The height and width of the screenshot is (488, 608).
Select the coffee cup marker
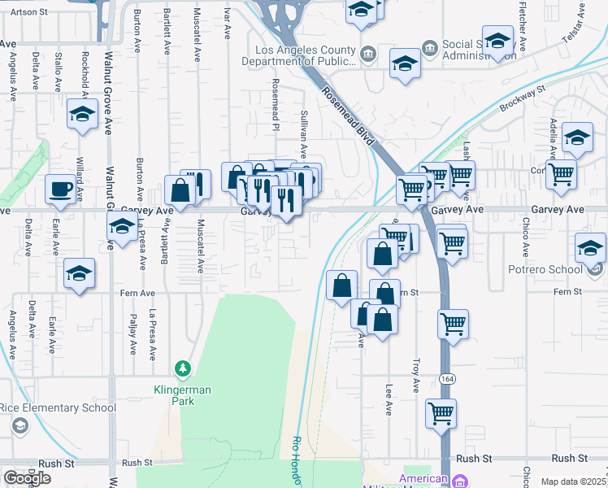click(x=59, y=189)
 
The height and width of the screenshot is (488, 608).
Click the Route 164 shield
click(x=445, y=380)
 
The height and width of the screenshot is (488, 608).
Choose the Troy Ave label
click(x=415, y=373)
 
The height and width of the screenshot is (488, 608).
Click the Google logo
click(x=27, y=478)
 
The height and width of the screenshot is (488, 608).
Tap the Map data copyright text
click(x=573, y=481)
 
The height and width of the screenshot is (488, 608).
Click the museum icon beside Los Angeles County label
click(x=367, y=54)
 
